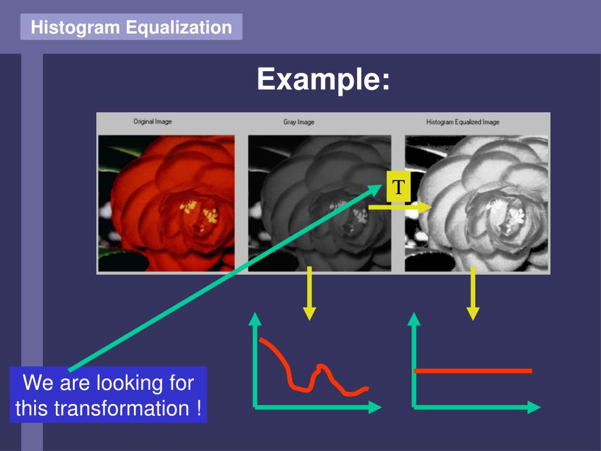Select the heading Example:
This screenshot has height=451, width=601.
pos(323,79)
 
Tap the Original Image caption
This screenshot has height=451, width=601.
pos(153,122)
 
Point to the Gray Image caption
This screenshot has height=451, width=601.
pos(298,122)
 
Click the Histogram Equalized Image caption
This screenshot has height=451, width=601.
pos(462,122)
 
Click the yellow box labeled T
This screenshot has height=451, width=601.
pos(399,187)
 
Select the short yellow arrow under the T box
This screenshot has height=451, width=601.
pos(400,207)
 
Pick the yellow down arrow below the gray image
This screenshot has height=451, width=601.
pos(310,293)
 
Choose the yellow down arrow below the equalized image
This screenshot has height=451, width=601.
pos(473,293)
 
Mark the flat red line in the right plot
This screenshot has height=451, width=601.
pos(473,371)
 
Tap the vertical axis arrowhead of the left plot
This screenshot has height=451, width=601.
pos(255,319)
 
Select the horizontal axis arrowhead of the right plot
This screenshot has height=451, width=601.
pos(534,407)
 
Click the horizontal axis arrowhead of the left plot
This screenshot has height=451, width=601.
pos(375,407)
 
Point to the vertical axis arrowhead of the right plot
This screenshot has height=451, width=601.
pos(414,319)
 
